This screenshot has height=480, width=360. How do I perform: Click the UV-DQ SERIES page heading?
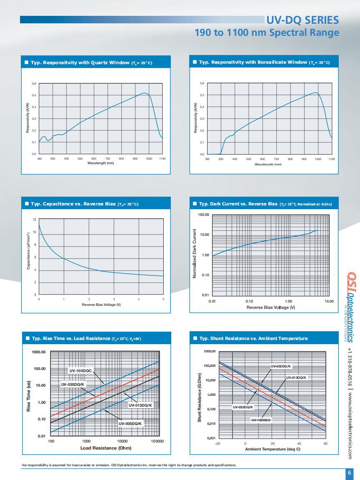click(x=302, y=20)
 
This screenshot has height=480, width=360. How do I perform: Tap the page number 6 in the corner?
click(x=349, y=473)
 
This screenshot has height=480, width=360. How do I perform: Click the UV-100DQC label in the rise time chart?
click(x=80, y=370)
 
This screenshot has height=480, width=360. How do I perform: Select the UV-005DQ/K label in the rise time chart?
click(x=130, y=423)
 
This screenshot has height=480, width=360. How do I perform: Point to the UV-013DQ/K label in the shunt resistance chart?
click(x=296, y=377)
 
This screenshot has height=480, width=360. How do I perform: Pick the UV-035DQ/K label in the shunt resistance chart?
click(x=243, y=407)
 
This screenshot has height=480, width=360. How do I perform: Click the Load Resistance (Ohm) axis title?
click(x=106, y=448)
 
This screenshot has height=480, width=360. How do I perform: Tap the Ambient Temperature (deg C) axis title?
click(x=272, y=449)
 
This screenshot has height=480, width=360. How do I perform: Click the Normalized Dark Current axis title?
click(x=194, y=253)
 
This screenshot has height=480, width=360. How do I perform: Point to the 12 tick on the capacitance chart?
click(x=35, y=220)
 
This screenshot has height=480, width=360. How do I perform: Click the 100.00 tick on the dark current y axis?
click(x=203, y=215)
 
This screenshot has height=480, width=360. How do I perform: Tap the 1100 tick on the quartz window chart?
click(x=162, y=159)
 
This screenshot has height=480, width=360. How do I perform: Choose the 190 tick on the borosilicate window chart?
click(x=207, y=159)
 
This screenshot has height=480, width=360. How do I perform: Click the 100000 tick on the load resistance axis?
click(x=157, y=441)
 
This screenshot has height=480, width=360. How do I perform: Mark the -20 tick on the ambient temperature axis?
click(x=217, y=443)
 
